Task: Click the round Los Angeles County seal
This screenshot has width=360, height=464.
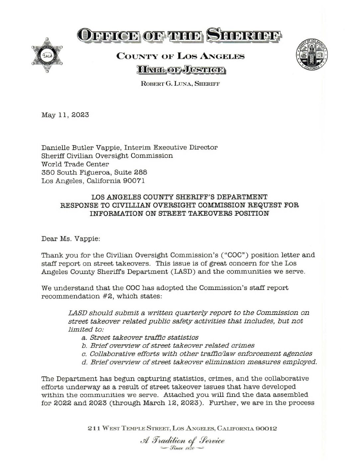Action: [312, 54]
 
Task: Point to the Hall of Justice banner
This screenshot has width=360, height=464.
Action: [180, 70]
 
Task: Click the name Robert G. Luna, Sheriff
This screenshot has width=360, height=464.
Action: [180, 84]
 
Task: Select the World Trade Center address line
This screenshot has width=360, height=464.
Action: [75, 164]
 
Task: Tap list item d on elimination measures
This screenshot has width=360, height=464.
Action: [199, 362]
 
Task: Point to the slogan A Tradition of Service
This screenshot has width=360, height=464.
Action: [182, 441]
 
